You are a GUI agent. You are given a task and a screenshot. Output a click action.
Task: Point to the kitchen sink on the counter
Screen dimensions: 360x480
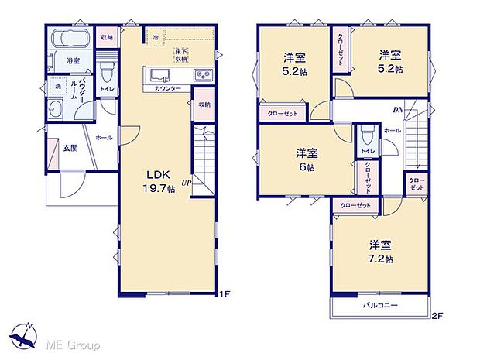pyautogui.click(x=162, y=74)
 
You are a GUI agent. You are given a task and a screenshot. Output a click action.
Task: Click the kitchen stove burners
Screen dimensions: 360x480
pyautogui.click(x=202, y=74)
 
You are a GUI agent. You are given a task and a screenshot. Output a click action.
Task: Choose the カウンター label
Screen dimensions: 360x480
pyautogui.click(x=168, y=89)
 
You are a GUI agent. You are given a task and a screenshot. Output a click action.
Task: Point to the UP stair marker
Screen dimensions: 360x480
pyautogui.click(x=186, y=183)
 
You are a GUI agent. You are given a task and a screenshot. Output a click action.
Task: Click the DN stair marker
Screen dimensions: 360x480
pyautogui.click(x=398, y=111)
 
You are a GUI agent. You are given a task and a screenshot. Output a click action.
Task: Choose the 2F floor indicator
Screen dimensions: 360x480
pyautogui.click(x=437, y=315)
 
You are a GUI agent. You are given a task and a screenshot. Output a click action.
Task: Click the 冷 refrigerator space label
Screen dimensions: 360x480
pyautogui.click(x=156, y=37)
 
